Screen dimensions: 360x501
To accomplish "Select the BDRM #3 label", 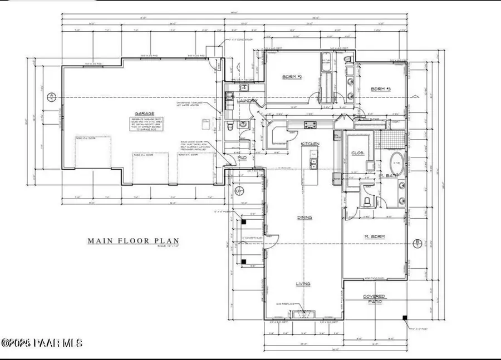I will click(382, 89).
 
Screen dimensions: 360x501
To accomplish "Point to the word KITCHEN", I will click(310, 144).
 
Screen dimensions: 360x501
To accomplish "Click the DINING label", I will click(304, 218).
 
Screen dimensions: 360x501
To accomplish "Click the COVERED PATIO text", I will click(375, 299).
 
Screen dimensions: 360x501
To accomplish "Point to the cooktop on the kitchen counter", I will click(310, 125).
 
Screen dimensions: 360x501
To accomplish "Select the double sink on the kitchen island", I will click(313, 163).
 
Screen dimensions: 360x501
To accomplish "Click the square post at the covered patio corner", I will click(406, 318).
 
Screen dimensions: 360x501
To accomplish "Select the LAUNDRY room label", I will click(245, 101).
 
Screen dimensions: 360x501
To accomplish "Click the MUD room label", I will click(243, 158).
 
